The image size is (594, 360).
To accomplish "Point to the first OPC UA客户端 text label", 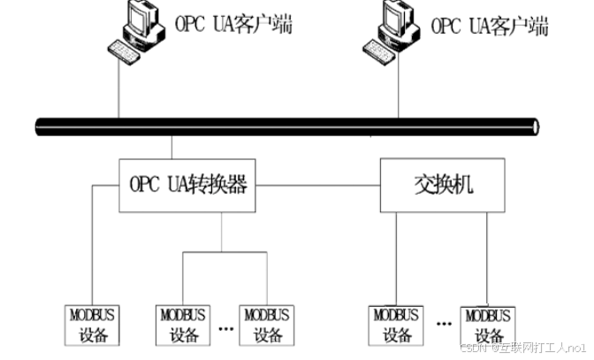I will (235, 24).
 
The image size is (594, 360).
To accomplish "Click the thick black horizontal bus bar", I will (283, 126).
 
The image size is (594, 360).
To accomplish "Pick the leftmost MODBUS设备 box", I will (94, 325).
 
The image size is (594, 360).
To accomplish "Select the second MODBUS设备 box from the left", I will (182, 325).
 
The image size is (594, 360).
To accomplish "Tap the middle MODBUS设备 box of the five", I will (267, 325).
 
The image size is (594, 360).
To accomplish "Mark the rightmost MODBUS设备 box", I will (485, 325).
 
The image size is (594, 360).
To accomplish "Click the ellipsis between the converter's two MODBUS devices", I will (225, 330).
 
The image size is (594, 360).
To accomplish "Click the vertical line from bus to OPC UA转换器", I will (172, 147).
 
